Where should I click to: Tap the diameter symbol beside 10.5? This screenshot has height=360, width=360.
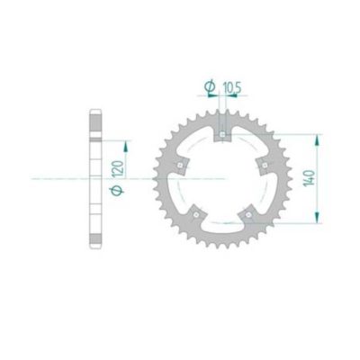pos(210,86)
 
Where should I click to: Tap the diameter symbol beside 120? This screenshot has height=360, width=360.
pos(116,192)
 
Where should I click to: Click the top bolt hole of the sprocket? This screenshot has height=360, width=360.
pos(222,136)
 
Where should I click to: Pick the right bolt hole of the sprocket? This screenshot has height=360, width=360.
pos(264,166)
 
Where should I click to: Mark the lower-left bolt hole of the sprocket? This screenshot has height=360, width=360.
pos(196,214)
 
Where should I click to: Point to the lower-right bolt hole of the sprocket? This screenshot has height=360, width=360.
pos(248,214)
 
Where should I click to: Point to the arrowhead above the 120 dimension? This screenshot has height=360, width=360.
pos(126,143)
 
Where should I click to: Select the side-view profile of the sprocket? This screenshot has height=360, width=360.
pos(95,179)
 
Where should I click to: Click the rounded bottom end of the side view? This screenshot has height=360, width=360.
pos(95,244)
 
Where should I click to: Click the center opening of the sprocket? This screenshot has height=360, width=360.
pos(222,180)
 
